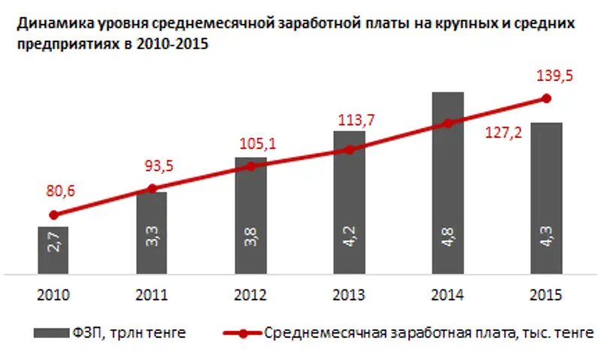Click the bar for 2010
click(53, 250)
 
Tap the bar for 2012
click(250, 216)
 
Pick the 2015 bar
click(546, 198)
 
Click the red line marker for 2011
click(152, 189)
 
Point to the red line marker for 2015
click(546, 98)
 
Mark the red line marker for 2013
click(349, 150)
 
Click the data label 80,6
click(53, 193)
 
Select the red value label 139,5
click(546, 75)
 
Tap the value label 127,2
click(503, 138)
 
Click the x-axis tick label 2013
click(349, 294)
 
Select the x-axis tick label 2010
click(53, 294)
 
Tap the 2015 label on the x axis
click(546, 294)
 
